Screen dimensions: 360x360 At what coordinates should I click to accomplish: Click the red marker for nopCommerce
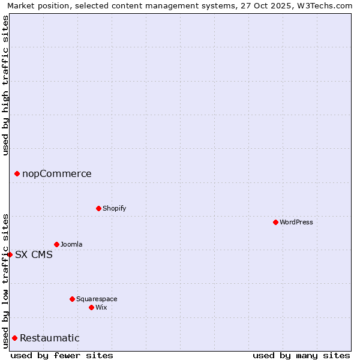click(17, 174)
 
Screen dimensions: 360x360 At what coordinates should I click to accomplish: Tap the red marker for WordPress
click(275, 222)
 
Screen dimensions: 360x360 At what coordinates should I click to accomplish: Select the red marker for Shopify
click(98, 208)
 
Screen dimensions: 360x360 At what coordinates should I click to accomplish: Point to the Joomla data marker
click(56, 244)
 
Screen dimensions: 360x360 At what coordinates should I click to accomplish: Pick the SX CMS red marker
click(10, 254)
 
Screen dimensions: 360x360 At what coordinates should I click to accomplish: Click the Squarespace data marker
click(72, 299)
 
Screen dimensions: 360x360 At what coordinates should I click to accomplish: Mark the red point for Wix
click(91, 307)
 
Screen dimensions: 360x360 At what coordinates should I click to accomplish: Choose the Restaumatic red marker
click(14, 338)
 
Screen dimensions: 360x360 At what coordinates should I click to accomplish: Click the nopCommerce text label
click(57, 174)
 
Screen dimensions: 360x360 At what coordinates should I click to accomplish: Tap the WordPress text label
click(296, 222)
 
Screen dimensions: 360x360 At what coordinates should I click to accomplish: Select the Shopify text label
click(115, 208)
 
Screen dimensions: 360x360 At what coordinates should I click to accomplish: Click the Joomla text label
click(71, 244)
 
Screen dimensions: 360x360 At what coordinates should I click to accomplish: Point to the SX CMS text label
click(34, 254)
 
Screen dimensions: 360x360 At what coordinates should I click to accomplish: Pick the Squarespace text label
click(97, 299)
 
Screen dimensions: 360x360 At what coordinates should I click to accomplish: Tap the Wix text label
click(101, 307)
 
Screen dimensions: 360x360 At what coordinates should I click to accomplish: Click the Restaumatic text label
click(50, 338)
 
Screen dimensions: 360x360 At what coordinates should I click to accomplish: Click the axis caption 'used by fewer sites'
click(62, 355)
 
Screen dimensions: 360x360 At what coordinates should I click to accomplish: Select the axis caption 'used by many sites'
click(301, 355)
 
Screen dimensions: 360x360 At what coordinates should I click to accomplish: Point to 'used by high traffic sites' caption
click(5, 85)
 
